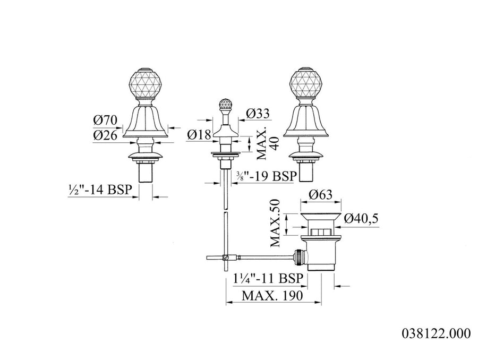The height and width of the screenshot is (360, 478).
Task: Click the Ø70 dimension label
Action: (x=105, y=120)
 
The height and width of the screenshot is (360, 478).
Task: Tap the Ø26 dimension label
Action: (x=105, y=135)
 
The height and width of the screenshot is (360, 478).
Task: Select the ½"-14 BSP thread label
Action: (x=100, y=190)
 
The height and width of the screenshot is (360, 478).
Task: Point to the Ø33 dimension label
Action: (x=258, y=114)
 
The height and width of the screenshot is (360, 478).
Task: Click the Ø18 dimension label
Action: (x=199, y=134)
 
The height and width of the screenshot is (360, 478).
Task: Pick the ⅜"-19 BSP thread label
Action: (x=266, y=176)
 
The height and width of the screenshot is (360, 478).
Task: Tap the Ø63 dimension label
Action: (x=320, y=194)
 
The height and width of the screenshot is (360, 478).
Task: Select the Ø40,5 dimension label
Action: (x=361, y=218)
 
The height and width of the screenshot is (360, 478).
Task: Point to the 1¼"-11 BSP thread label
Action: (x=268, y=278)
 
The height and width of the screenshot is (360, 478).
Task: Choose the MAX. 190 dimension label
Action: (x=272, y=295)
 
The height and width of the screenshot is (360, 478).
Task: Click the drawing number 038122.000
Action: (x=436, y=333)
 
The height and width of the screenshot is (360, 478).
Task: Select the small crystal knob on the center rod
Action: (x=225, y=104)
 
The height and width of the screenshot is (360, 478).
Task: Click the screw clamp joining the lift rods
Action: (x=226, y=258)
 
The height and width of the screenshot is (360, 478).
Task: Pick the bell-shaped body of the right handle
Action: (x=305, y=121)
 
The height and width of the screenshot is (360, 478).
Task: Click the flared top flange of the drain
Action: (x=321, y=218)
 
